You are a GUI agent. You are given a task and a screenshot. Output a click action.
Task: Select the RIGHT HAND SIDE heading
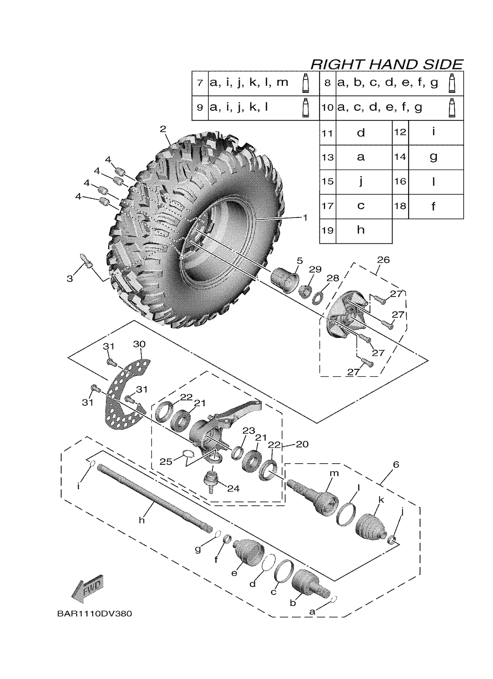click(387, 64)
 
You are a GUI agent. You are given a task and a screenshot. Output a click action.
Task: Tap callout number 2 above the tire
click(163, 129)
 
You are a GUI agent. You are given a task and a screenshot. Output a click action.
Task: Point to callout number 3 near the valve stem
click(70, 279)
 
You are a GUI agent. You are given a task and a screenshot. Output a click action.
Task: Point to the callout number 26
click(383, 260)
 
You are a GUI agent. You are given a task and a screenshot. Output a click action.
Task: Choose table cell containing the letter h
click(361, 230)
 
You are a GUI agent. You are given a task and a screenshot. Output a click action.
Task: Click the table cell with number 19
click(327, 230)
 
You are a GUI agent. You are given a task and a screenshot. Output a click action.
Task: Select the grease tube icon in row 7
click(305, 83)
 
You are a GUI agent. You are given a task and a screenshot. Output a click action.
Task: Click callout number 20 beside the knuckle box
click(302, 444)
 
